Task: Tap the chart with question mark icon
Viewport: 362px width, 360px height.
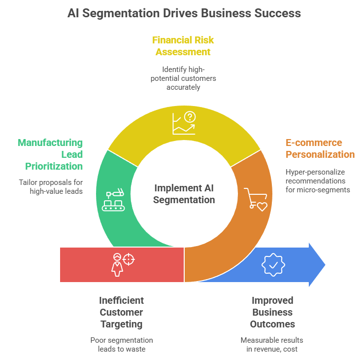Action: [x=184, y=123]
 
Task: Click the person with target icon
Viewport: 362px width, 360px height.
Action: [x=122, y=264]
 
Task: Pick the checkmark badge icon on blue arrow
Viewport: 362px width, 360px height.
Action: [x=273, y=264]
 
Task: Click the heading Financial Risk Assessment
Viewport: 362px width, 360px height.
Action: [x=183, y=45]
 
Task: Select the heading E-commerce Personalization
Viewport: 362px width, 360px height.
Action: [x=320, y=148]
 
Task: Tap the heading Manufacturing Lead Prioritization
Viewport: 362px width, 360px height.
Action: [x=50, y=154]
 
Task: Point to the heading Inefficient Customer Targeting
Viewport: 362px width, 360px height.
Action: [x=121, y=312]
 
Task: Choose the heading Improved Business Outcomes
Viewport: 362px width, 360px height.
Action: [x=272, y=312]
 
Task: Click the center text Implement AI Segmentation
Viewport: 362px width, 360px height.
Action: [x=184, y=194]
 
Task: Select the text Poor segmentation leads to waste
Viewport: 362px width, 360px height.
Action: [x=121, y=345]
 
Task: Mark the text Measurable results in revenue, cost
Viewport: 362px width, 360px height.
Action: [x=272, y=345]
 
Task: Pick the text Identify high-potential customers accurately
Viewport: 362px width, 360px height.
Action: [x=183, y=78]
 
